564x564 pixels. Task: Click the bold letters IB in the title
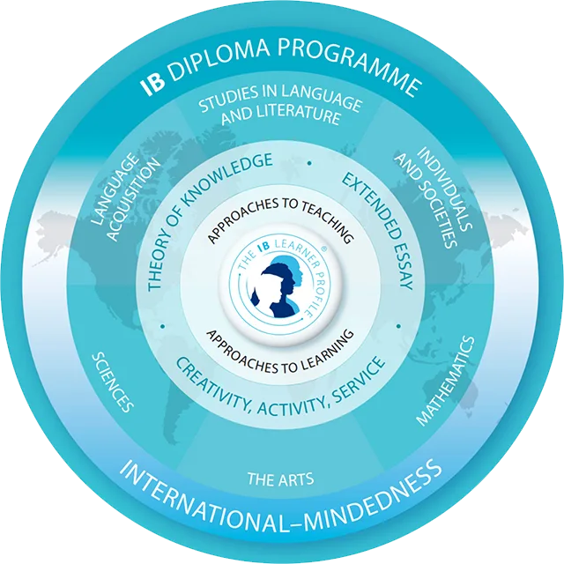pos(152,84)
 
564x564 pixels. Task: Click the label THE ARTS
pos(280,479)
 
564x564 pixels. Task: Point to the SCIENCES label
pos(113,382)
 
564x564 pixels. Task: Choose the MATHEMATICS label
pos(445,381)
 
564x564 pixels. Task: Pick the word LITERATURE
pos(300,115)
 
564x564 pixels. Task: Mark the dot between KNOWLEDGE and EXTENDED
pos(309,163)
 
